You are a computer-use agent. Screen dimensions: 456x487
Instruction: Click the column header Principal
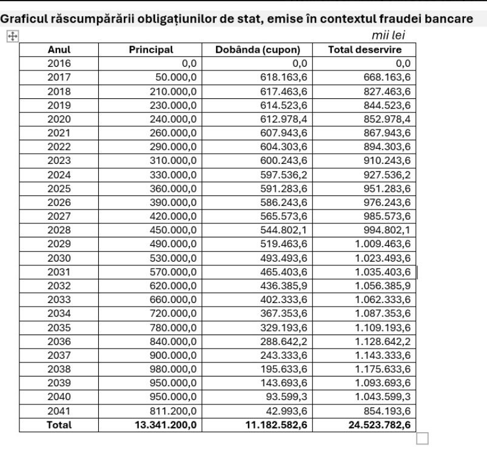pyautogui.click(x=150, y=50)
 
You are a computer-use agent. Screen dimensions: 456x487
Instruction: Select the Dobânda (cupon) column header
pyautogui.click(x=257, y=50)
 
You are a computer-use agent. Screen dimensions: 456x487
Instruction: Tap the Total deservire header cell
pyautogui.click(x=364, y=50)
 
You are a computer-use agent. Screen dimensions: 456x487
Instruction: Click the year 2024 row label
pyautogui.click(x=59, y=175)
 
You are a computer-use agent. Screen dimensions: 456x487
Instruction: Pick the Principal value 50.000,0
pyautogui.click(x=173, y=77)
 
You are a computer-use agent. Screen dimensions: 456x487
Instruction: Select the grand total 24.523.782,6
pyautogui.click(x=380, y=425)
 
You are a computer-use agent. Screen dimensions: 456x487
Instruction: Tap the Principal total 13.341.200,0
pyautogui.click(x=166, y=425)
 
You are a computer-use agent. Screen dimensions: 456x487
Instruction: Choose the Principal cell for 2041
pyautogui.click(x=173, y=411)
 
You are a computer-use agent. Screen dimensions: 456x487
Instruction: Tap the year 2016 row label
pyautogui.click(x=59, y=63)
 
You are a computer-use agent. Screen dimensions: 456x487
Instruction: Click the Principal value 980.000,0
pyautogui.click(x=173, y=369)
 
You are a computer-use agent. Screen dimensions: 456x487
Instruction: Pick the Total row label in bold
pyautogui.click(x=59, y=425)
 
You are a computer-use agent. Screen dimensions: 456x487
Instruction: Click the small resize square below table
pyautogui.click(x=422, y=438)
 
